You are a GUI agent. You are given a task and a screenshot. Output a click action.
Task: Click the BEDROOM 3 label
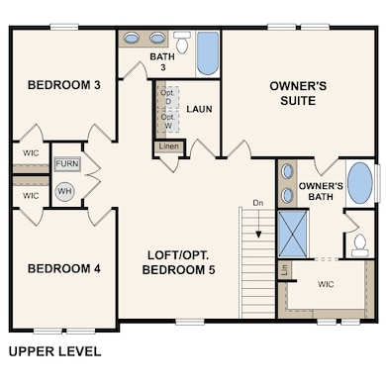[63, 85]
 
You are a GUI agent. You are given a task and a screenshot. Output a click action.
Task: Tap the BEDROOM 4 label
[63, 268]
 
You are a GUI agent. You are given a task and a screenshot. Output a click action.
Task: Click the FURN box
[66, 164]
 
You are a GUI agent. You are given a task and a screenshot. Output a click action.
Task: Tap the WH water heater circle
[64, 191]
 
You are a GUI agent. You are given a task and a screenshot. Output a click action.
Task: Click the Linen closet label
[168, 148]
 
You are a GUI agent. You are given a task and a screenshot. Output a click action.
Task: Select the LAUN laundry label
[199, 109]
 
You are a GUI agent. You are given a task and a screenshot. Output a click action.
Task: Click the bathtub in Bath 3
[208, 53]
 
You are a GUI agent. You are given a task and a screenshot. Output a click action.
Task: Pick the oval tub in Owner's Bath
[361, 183]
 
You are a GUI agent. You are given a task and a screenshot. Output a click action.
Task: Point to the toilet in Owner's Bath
[359, 241]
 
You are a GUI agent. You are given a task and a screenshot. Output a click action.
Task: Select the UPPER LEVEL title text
[54, 350]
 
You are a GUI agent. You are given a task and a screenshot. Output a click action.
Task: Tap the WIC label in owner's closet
[327, 283]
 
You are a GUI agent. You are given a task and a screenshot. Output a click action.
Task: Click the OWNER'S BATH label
[321, 192]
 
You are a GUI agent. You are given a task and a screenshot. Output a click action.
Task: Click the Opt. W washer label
[166, 121]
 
